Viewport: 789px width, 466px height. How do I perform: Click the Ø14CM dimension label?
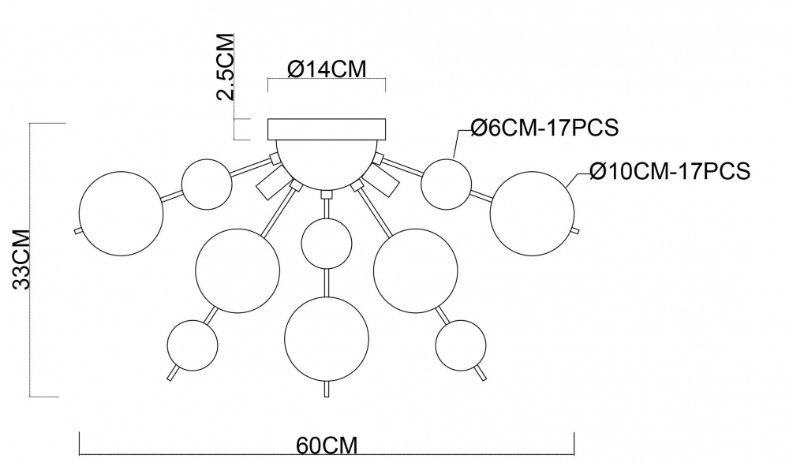point(326,69)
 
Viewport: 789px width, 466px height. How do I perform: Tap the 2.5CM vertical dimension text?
point(226,67)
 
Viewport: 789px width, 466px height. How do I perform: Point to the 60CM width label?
point(327,446)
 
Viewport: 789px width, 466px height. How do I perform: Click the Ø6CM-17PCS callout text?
point(543,129)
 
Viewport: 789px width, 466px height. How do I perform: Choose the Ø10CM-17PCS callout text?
point(669,171)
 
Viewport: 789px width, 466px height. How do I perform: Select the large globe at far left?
point(120,213)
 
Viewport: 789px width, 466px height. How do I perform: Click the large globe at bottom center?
point(327,337)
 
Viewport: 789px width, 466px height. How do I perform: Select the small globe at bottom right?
point(460,345)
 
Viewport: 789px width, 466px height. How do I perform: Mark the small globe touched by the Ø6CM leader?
point(446,182)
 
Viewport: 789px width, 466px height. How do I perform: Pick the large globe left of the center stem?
point(238,268)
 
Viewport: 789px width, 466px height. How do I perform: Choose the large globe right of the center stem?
point(415,268)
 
